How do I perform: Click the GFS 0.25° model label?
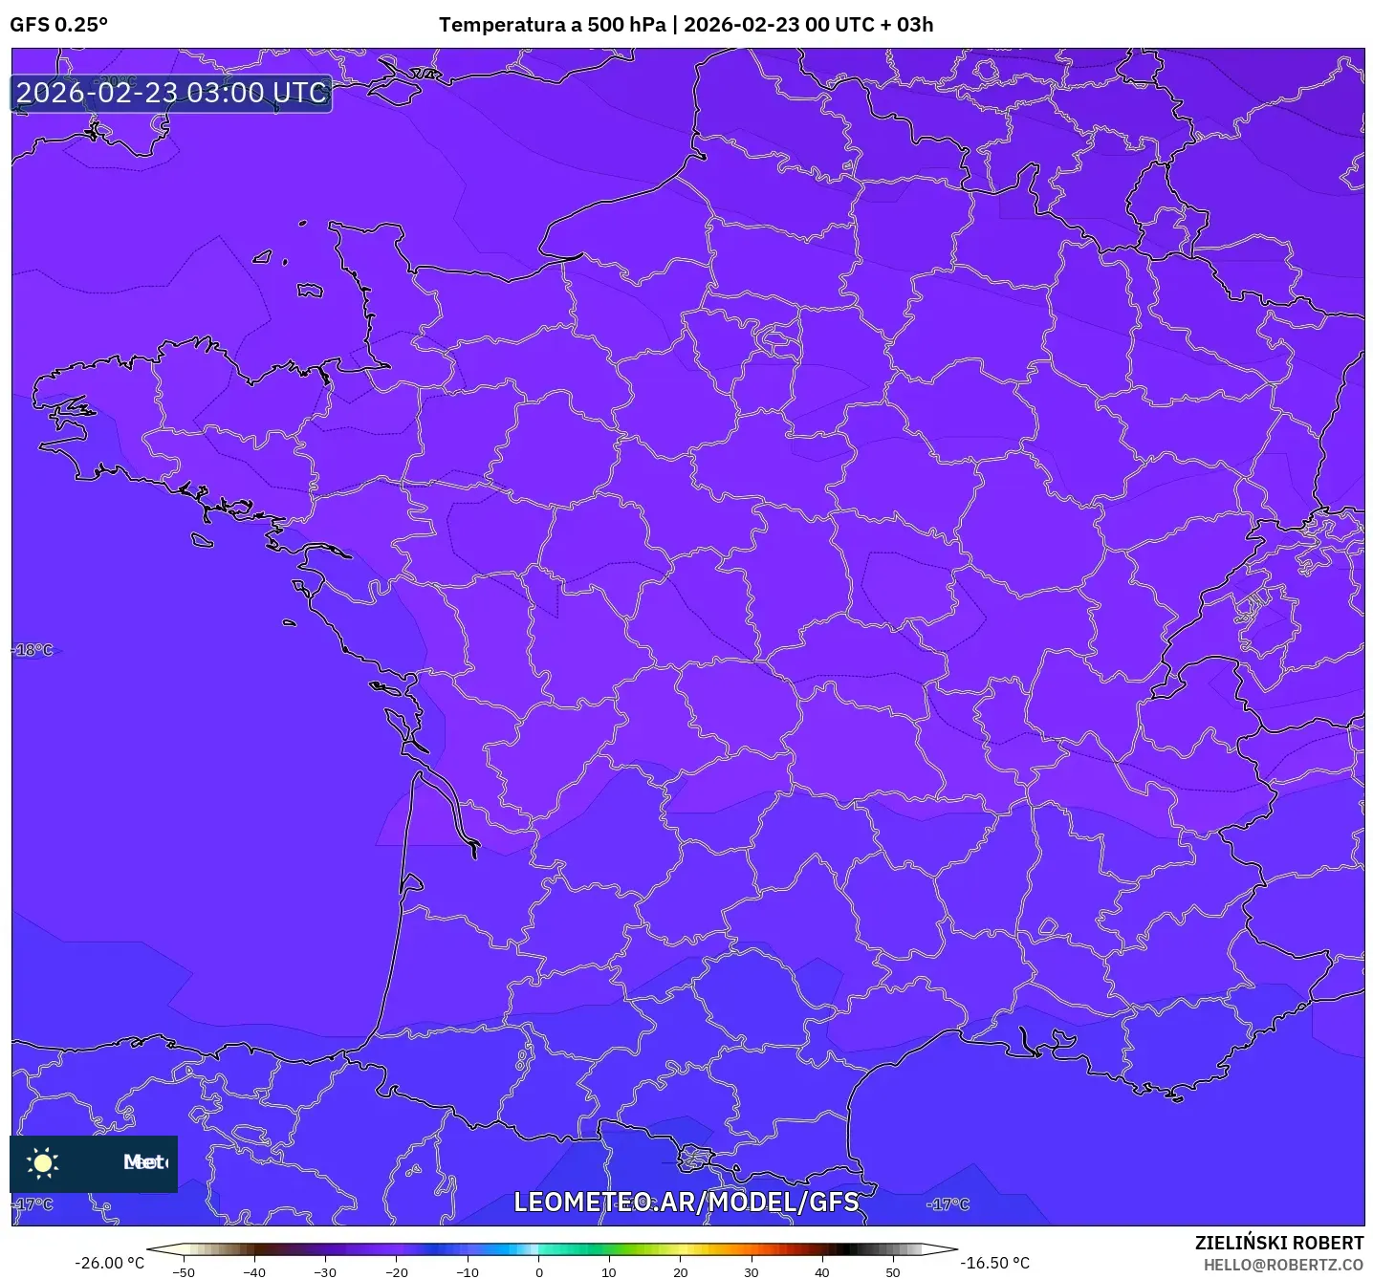(x=59, y=25)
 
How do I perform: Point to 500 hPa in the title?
(x=625, y=25)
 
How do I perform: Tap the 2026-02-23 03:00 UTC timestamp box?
(x=172, y=93)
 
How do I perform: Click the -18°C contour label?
(x=34, y=650)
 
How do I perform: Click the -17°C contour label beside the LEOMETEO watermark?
(x=948, y=1204)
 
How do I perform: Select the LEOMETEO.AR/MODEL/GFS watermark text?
(x=686, y=1202)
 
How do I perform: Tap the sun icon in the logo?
(x=43, y=1162)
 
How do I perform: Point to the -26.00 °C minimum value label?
(x=109, y=1263)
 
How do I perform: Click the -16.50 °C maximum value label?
(x=995, y=1263)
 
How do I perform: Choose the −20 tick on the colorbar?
(x=396, y=1272)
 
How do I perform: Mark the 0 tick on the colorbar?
(x=539, y=1272)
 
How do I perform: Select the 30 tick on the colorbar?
(x=752, y=1272)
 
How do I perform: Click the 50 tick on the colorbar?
(x=893, y=1272)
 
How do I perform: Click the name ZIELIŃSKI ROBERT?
(x=1279, y=1243)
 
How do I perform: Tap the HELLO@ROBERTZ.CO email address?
(x=1283, y=1265)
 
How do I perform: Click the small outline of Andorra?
(x=695, y=1158)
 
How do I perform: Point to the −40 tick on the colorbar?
(x=254, y=1272)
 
